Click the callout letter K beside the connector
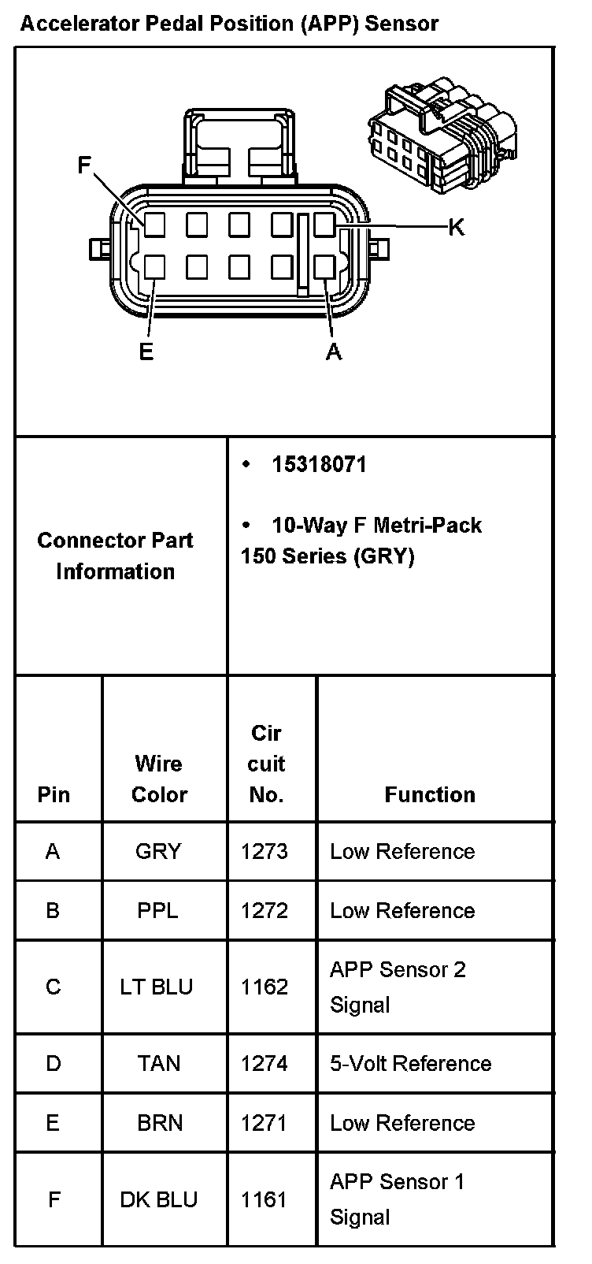(x=456, y=228)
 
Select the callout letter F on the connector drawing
(x=85, y=165)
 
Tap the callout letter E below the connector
(x=146, y=351)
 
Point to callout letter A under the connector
(x=334, y=351)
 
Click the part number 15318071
(x=319, y=464)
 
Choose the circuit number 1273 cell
(x=265, y=851)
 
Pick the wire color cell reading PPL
(x=157, y=910)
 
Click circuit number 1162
(x=265, y=987)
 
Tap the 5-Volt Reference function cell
(x=410, y=1063)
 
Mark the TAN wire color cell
(x=159, y=1063)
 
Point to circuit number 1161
(x=265, y=1199)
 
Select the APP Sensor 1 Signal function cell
(x=398, y=1199)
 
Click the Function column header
(x=430, y=794)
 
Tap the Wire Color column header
(x=159, y=779)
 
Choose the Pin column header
(x=54, y=794)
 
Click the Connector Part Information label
(x=115, y=556)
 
